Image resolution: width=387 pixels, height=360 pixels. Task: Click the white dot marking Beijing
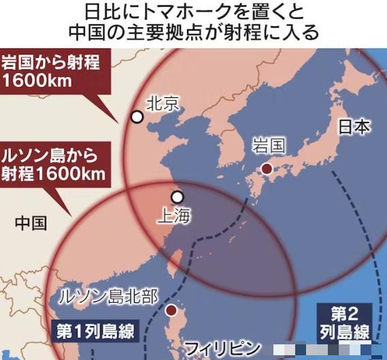[x=137, y=116]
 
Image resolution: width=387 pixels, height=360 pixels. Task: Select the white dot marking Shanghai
[x=177, y=197]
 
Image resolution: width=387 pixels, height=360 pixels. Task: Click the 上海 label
[x=175, y=216]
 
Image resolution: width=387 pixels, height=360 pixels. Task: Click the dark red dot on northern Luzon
[x=171, y=311]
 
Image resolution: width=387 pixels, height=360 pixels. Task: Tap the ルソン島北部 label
[x=109, y=296]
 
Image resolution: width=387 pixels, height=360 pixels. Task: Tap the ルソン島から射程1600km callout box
[x=54, y=164]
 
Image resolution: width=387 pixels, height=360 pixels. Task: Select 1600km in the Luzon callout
[x=77, y=173]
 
